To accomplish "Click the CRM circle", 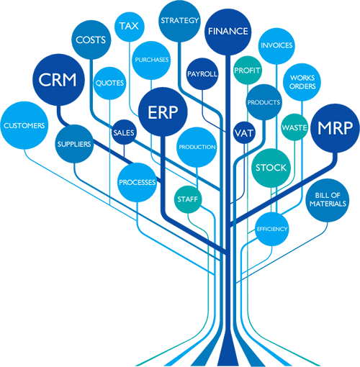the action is (58, 80).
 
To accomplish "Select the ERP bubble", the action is (163, 112).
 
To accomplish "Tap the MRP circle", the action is (336, 128).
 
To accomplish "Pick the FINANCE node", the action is (228, 32).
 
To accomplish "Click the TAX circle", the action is (130, 27).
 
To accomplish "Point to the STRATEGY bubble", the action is (179, 21).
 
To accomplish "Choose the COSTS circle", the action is (91, 40).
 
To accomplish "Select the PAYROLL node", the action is (202, 74).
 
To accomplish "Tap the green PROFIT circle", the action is (248, 71).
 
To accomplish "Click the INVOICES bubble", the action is (276, 46).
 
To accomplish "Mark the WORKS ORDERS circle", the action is (302, 82).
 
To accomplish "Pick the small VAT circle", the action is (244, 133).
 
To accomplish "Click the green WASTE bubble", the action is (294, 127).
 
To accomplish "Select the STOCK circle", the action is (271, 168).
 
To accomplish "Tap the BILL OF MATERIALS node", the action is (328, 200).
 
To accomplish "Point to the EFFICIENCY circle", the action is (272, 229).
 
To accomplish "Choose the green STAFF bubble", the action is (188, 199).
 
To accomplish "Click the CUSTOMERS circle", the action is (24, 125).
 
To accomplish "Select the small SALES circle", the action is (124, 132).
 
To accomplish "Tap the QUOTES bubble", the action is (109, 83).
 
